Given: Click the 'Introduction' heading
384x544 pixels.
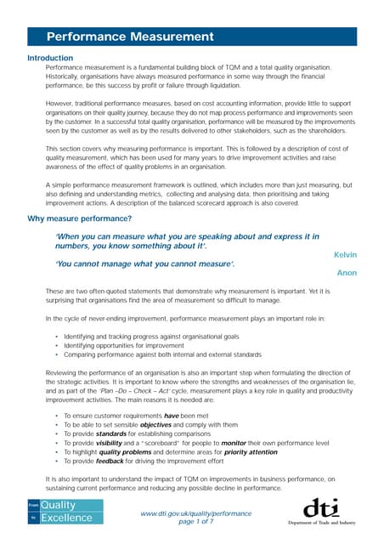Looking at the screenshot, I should [50, 58].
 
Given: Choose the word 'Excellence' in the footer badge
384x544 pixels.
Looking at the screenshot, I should [71, 518].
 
